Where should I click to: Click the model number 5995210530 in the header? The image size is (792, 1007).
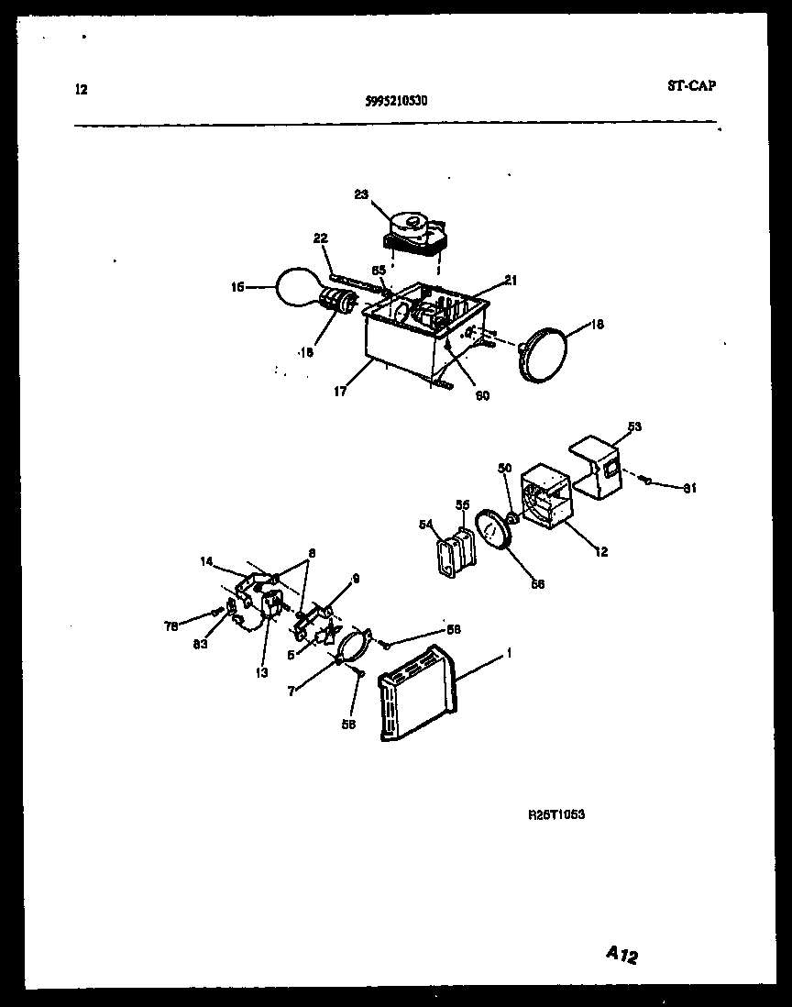[x=390, y=103]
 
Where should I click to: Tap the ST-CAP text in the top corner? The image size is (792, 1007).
[x=692, y=86]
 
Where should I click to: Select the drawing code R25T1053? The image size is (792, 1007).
[x=556, y=813]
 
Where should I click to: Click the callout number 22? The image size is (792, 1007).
[x=320, y=239]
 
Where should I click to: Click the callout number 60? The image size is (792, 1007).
[x=482, y=395]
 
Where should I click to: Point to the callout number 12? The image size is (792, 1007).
[x=599, y=552]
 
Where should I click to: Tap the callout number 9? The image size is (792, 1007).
[x=357, y=579]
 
